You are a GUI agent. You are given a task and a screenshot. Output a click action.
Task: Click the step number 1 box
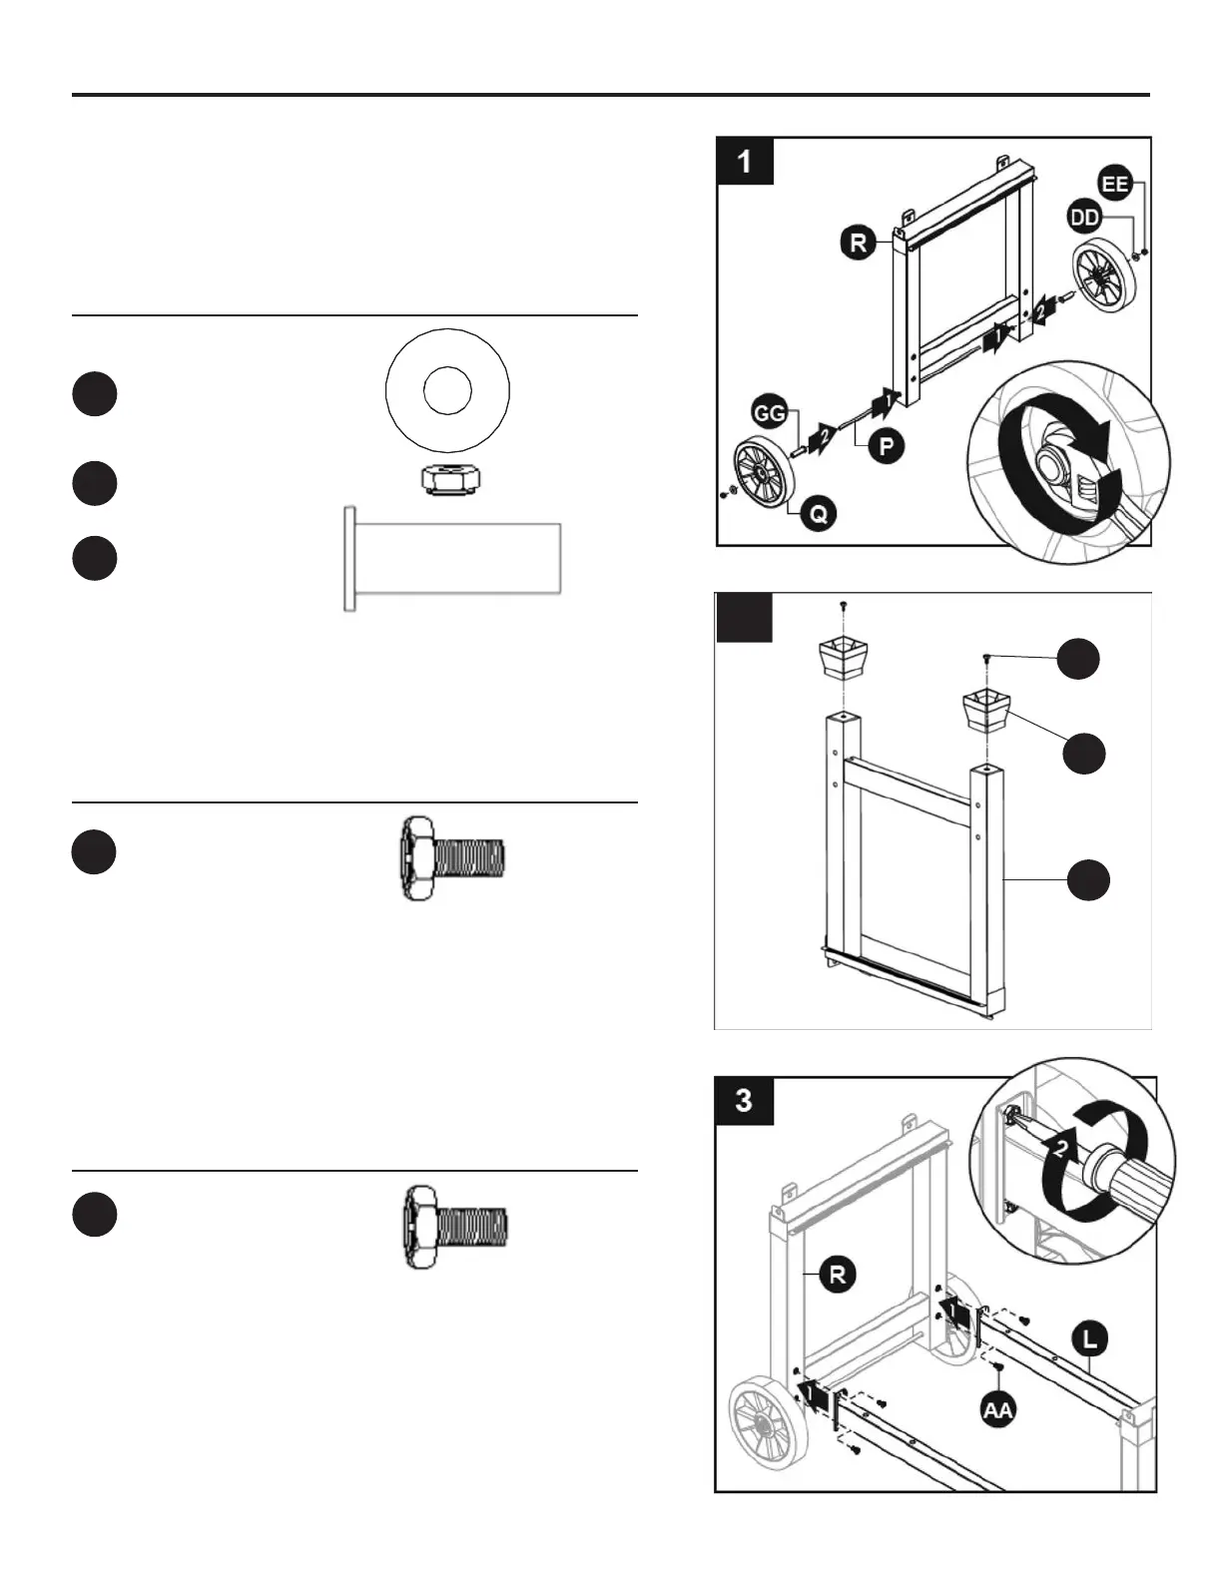click(746, 161)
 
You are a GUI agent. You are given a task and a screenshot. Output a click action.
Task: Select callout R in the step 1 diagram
click(858, 243)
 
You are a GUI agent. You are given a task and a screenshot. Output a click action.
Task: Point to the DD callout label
click(1085, 217)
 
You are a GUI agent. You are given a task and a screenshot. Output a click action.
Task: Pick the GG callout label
click(769, 412)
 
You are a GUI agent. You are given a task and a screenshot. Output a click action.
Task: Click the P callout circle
click(885, 445)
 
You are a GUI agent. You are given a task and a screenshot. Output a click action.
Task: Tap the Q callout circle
click(817, 513)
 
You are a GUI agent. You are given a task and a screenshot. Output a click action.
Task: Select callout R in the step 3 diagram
click(837, 1274)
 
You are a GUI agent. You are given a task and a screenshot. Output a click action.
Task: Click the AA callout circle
click(997, 1409)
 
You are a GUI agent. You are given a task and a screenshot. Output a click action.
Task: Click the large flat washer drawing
click(447, 390)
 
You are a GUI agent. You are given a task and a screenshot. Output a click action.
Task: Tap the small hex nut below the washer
click(446, 479)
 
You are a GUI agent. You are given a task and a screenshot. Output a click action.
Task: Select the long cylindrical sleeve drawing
click(452, 558)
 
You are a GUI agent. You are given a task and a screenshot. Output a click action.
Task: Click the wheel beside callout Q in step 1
click(761, 477)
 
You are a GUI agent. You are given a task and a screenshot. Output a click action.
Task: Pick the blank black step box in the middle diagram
click(745, 617)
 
